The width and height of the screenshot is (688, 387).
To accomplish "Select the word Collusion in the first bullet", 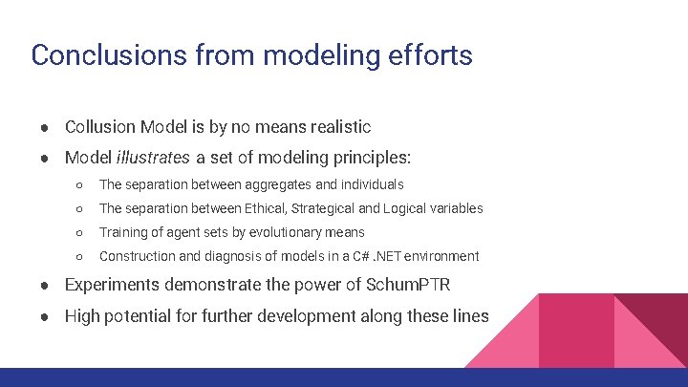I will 99,127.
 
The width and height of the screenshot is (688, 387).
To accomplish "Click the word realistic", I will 335,127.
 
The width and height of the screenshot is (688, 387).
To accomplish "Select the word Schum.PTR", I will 409,285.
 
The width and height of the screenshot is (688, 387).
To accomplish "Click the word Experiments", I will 112,285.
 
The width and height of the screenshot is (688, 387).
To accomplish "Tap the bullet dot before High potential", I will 45,316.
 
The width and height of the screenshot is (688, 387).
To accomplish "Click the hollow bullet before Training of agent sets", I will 80,232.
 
